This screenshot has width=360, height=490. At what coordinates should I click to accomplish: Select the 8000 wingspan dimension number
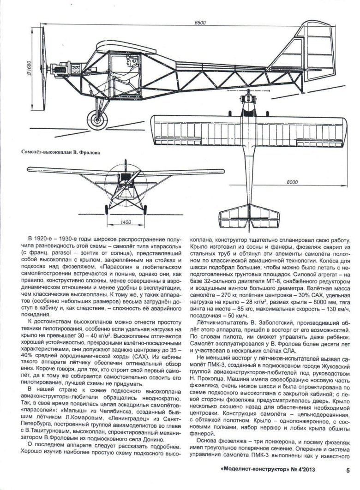(292, 183)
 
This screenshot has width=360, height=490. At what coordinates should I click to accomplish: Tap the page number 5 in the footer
(346, 471)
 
